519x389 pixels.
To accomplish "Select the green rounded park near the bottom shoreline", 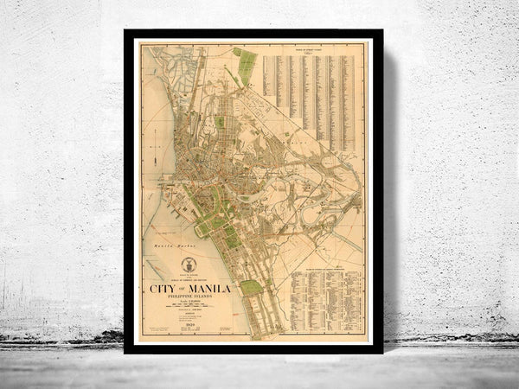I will (x=251, y=287).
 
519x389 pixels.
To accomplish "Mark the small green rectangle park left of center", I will (x=220, y=123).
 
